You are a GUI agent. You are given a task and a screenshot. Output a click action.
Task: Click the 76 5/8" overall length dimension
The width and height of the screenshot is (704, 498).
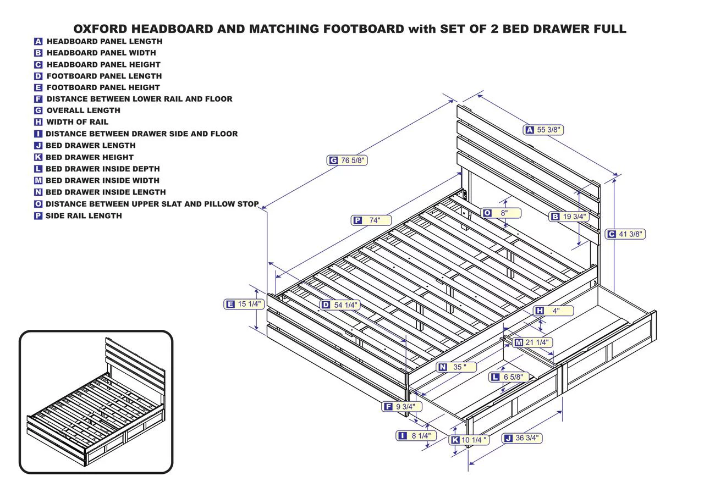[347, 161]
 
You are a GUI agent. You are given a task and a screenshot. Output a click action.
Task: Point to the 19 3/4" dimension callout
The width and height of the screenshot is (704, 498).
[569, 217]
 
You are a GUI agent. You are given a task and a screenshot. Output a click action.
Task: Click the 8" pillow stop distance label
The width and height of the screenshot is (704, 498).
[501, 213]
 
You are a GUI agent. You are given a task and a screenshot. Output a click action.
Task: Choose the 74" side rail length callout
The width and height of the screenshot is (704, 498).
[371, 220]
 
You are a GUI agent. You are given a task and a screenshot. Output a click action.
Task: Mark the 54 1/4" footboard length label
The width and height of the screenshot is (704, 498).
[340, 305]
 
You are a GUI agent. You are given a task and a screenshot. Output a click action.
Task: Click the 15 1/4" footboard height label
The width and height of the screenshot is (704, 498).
[244, 304]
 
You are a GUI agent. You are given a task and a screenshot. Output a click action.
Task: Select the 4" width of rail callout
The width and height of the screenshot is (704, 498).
[554, 311]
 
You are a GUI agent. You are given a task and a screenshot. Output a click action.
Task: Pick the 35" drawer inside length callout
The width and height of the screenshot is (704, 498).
[456, 367]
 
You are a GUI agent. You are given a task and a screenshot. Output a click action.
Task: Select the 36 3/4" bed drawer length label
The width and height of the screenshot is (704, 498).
[521, 438]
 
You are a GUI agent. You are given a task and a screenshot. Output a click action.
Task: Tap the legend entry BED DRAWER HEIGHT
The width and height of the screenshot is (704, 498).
[89, 157]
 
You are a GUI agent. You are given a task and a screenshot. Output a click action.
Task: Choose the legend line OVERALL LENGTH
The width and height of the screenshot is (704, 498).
[83, 110]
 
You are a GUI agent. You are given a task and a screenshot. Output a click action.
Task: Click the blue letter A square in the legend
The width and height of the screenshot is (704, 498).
[38, 41]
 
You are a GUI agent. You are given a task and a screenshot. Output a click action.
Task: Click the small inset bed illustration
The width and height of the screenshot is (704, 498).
[96, 402]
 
